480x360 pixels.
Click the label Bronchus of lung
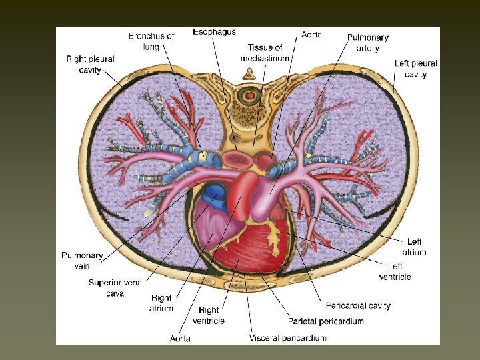[151, 40]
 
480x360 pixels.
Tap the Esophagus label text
[214, 31]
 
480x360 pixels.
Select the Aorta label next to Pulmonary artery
[313, 33]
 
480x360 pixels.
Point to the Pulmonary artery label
[367, 43]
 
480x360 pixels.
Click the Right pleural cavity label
[90, 64]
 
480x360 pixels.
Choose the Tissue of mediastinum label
[265, 53]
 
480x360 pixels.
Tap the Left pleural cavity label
[415, 69]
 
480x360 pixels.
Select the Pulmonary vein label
[82, 260]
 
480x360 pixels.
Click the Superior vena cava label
[114, 288]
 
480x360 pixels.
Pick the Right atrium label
[161, 303]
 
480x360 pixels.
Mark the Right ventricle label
[209, 315]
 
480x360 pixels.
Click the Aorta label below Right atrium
[179, 338]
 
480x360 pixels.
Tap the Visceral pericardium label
[288, 338]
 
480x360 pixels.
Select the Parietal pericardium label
[326, 321]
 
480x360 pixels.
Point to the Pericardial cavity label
[358, 305]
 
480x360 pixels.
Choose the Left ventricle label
[395, 271]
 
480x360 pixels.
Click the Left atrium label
[414, 247]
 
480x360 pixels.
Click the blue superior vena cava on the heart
[216, 193]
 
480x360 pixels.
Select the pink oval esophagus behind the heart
[235, 160]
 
